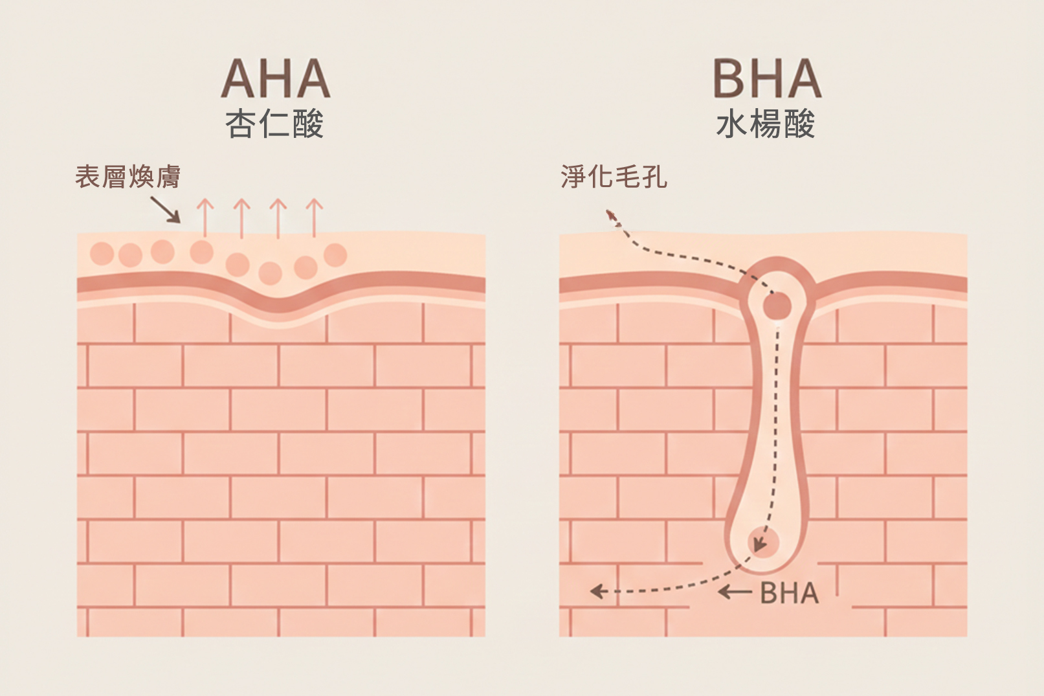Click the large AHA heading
(x=276, y=80)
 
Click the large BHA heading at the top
(x=767, y=80)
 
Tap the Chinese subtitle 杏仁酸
(x=274, y=124)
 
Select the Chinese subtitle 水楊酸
(x=766, y=124)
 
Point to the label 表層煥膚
(x=128, y=177)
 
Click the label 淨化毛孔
(x=614, y=177)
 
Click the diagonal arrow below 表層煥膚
(x=166, y=210)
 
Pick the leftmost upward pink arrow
(x=205, y=217)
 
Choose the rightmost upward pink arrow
(x=314, y=217)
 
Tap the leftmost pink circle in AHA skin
(x=102, y=253)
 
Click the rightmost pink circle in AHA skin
(x=335, y=254)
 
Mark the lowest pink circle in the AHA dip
(x=270, y=273)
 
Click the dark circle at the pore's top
(x=777, y=306)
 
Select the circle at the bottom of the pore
(x=763, y=543)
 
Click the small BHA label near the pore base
(x=789, y=593)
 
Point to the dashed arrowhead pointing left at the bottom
(x=597, y=591)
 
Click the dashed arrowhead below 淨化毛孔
(x=610, y=215)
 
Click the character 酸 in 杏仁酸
(x=308, y=124)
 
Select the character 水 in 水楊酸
(x=732, y=124)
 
